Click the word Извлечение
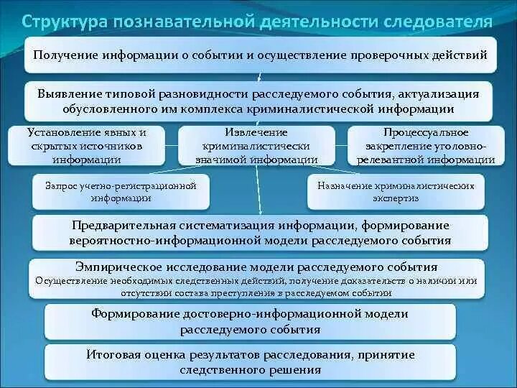coord(255,133)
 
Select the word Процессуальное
coord(425,133)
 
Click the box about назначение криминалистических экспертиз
coord(396,191)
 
